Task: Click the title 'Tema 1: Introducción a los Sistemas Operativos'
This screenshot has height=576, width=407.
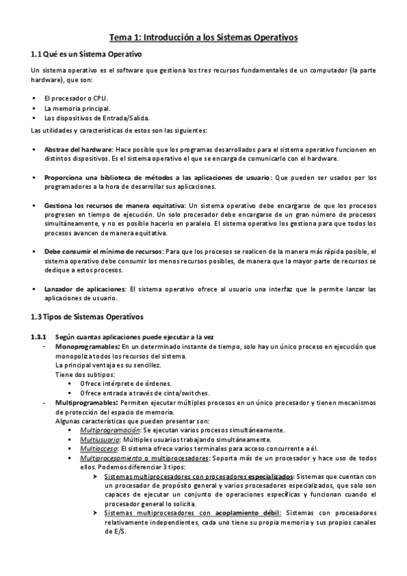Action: tap(204, 38)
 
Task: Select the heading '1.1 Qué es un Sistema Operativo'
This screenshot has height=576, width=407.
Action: tap(87, 54)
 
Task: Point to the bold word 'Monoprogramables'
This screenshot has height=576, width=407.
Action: tap(86, 347)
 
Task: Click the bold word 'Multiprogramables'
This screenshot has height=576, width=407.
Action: tap(86, 403)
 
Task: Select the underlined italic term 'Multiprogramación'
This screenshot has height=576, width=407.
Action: tap(109, 430)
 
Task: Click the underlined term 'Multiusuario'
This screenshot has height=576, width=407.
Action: tap(99, 439)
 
